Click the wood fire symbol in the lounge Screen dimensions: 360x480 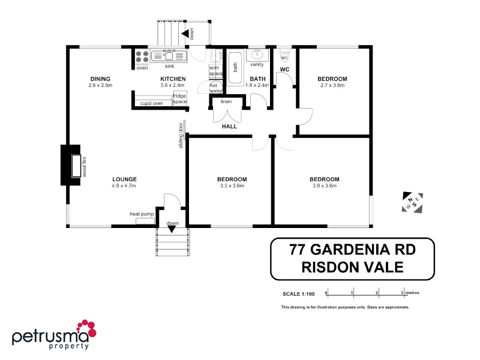coord(76,166)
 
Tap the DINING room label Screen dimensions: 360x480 coord(100,79)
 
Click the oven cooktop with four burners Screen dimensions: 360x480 coord(142,56)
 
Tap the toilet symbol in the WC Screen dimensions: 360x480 coord(285,55)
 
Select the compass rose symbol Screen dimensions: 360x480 coord(412,202)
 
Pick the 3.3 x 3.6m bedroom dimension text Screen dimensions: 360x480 coord(232,186)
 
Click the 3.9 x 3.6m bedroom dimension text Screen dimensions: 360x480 coord(324,186)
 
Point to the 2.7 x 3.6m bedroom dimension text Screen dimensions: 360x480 coord(332,86)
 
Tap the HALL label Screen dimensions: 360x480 coord(229,127)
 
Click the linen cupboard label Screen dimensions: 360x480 coord(226,101)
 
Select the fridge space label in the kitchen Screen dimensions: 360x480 coord(179,99)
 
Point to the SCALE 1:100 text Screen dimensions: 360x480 coord(298,293)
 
